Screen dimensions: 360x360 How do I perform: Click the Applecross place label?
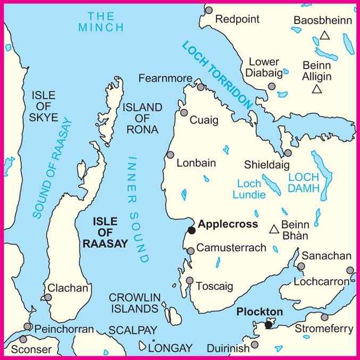coord(228,224)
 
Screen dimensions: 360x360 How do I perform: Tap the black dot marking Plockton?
coord(269,324)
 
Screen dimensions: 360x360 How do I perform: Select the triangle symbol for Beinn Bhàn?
coord(274,229)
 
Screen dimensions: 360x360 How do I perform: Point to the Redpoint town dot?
coord(208,10)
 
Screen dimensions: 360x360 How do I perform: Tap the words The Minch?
coord(101,21)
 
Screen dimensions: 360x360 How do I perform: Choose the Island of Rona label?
coord(143,118)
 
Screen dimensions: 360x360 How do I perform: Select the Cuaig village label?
coord(204,120)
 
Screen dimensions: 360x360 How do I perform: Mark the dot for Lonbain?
coord(170,155)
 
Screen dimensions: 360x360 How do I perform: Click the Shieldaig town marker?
coord(288,153)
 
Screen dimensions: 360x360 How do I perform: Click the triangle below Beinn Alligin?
coord(317,89)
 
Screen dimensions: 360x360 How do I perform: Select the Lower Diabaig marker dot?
coord(272,86)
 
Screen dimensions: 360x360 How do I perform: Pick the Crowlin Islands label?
coord(133,303)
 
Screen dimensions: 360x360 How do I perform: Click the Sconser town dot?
coord(23,339)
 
